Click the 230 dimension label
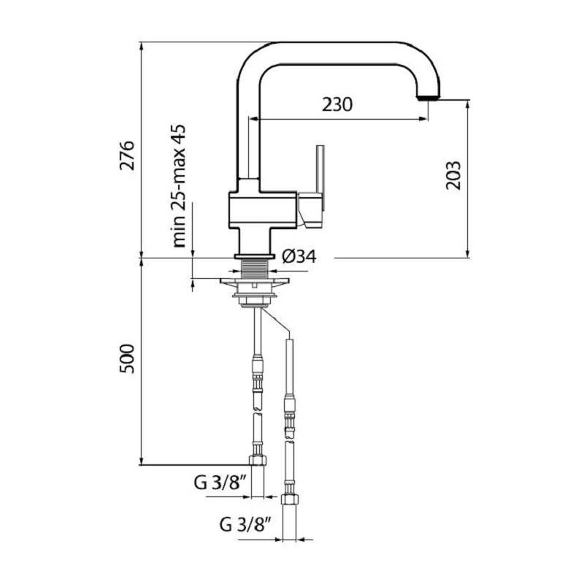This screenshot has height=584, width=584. (x=337, y=104)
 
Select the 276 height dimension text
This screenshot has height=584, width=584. (x=127, y=155)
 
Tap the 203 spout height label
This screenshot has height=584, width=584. (x=453, y=175)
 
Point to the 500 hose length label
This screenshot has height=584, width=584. (x=126, y=358)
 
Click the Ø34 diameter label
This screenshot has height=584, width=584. (x=299, y=256)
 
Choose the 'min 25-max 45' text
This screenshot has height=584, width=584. (x=179, y=186)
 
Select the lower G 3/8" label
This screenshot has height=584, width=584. (x=245, y=525)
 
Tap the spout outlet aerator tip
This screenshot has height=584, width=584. (x=428, y=97)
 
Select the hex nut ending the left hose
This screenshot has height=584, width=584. (x=258, y=461)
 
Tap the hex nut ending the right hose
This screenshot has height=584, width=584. (x=290, y=499)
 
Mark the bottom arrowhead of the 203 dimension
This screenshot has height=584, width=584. (x=468, y=253)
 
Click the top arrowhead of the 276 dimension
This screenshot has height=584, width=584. (x=141, y=47)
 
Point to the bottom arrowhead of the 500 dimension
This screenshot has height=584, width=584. (x=141, y=461)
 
